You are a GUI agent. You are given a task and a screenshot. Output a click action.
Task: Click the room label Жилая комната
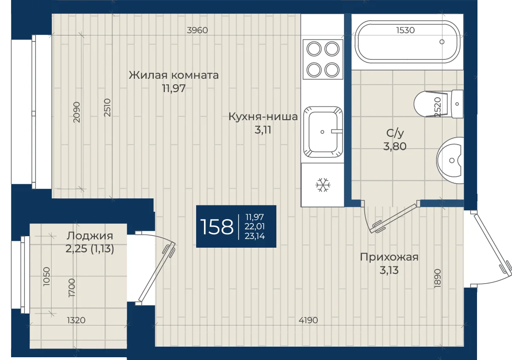coord(174,75)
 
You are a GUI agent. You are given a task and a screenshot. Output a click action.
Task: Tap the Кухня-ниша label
coord(263,116)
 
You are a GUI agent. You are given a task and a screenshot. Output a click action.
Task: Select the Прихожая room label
coord(389,257)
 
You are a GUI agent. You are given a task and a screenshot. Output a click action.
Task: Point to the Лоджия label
coord(90,236)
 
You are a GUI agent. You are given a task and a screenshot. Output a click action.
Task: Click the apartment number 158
coord(216,227)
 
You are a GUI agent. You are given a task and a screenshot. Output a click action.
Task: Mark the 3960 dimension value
coord(197,30)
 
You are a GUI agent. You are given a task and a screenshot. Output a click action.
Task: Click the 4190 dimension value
coord(308,320)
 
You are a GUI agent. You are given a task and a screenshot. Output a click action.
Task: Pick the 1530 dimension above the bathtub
coord(405,30)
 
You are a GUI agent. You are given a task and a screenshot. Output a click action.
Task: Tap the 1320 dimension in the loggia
coord(76,320)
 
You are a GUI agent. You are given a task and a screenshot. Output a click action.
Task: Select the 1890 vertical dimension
coord(437,279)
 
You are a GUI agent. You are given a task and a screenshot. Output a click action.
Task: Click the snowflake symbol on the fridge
coord(323,185)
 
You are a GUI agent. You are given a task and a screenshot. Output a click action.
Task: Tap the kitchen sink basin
coord(323,132)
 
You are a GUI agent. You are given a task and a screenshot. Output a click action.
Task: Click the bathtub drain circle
coord(442,42)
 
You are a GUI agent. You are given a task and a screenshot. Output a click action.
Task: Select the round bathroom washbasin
coord(450,160)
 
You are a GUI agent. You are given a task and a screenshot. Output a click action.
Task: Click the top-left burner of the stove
coord(314,49)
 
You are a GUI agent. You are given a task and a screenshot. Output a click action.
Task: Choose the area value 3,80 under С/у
coord(395,146)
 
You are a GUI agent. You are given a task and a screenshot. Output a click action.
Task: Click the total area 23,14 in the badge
coord(255,236)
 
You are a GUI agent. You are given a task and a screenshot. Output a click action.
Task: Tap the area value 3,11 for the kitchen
coord(263,130)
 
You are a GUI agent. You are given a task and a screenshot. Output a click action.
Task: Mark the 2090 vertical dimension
coord(76,112)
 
